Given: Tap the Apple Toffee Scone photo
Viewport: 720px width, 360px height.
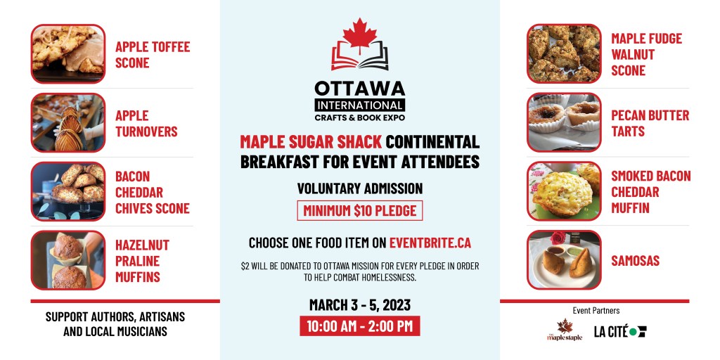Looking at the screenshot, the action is (x=68, y=53).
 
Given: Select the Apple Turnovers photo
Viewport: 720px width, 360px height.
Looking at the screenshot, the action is (x=68, y=122).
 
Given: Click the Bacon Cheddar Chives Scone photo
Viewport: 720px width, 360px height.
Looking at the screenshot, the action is (x=68, y=191).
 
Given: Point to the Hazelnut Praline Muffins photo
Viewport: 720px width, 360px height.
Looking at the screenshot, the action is (x=68, y=260).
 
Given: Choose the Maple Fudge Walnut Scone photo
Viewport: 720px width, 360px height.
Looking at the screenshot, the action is (x=564, y=53).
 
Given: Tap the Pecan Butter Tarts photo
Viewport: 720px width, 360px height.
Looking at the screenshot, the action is (x=564, y=122).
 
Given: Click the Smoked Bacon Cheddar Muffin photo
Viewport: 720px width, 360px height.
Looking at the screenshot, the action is (x=564, y=191).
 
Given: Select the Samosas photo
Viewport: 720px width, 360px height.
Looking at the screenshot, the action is (x=564, y=260).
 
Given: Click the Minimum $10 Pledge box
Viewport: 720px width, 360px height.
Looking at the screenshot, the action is (x=360, y=211).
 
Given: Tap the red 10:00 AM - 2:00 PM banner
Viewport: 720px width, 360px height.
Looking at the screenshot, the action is (x=360, y=326).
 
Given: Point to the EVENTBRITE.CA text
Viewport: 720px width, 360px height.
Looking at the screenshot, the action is (x=430, y=243).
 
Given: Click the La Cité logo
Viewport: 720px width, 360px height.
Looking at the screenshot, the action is (x=620, y=332).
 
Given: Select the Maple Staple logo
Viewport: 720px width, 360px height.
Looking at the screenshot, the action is (x=565, y=330).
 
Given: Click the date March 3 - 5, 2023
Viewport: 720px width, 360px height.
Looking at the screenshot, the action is (x=360, y=305).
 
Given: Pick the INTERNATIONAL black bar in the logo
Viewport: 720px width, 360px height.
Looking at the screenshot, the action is (x=360, y=105).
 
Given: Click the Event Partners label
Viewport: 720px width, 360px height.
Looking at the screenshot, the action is (x=596, y=311).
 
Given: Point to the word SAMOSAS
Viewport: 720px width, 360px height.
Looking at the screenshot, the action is (x=635, y=261).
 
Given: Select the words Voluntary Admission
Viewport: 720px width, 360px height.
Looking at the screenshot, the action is (x=360, y=188).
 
